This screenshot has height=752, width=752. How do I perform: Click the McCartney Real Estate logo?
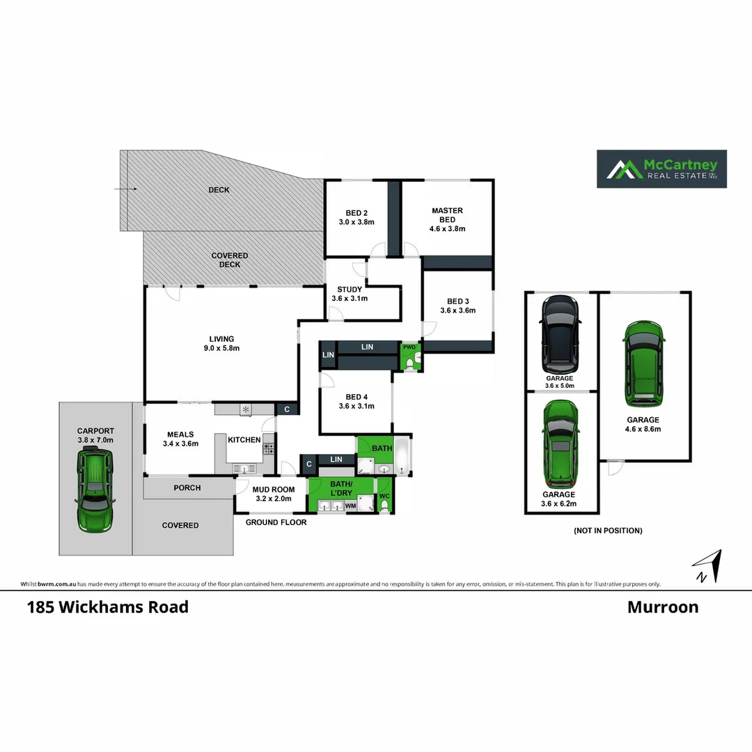coord(661,169)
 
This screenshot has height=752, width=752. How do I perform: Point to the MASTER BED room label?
coord(447,215)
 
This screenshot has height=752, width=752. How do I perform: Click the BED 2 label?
coord(357,213)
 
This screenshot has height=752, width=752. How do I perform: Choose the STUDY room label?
coord(349,290)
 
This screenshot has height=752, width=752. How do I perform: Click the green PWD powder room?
coord(410,357)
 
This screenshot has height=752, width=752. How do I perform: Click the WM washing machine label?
coord(350,506)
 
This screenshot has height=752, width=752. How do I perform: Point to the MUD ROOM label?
coord(270,489)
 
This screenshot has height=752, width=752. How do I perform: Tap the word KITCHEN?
coord(244,440)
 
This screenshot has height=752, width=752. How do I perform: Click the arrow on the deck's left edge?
coord(125,189)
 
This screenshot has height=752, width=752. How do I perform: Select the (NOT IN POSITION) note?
coord(607,531)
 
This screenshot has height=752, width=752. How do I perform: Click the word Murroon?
coord(662,607)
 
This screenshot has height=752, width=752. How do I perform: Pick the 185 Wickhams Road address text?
coord(107,607)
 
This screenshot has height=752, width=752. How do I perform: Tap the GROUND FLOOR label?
coord(276,522)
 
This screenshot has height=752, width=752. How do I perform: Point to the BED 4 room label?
coord(357,397)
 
